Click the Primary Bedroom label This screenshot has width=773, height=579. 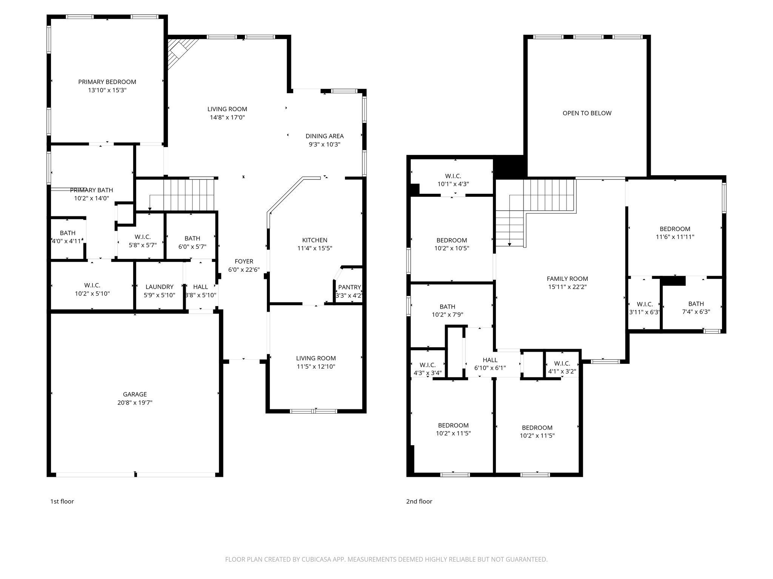point(107,82)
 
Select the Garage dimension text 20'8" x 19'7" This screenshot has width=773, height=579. point(135,403)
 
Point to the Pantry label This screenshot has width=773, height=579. point(350,287)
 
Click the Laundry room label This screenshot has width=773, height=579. point(159,287)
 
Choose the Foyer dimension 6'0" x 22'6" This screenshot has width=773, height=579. point(244,270)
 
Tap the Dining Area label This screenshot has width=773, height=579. point(325,136)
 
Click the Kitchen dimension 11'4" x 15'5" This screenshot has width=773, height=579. point(315,248)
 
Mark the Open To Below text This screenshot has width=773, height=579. point(587,113)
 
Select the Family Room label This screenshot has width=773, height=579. point(567,279)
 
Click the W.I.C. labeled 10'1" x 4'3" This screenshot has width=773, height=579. point(453,180)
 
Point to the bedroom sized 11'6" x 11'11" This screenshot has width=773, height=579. point(675,233)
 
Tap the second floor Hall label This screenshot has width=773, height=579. point(490,360)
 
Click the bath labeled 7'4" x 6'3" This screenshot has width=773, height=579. point(696,308)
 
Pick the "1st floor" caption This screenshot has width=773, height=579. point(62,501)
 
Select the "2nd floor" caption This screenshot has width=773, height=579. point(419,501)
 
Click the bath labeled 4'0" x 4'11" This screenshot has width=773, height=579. point(68,237)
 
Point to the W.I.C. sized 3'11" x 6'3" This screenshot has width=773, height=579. point(644,308)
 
